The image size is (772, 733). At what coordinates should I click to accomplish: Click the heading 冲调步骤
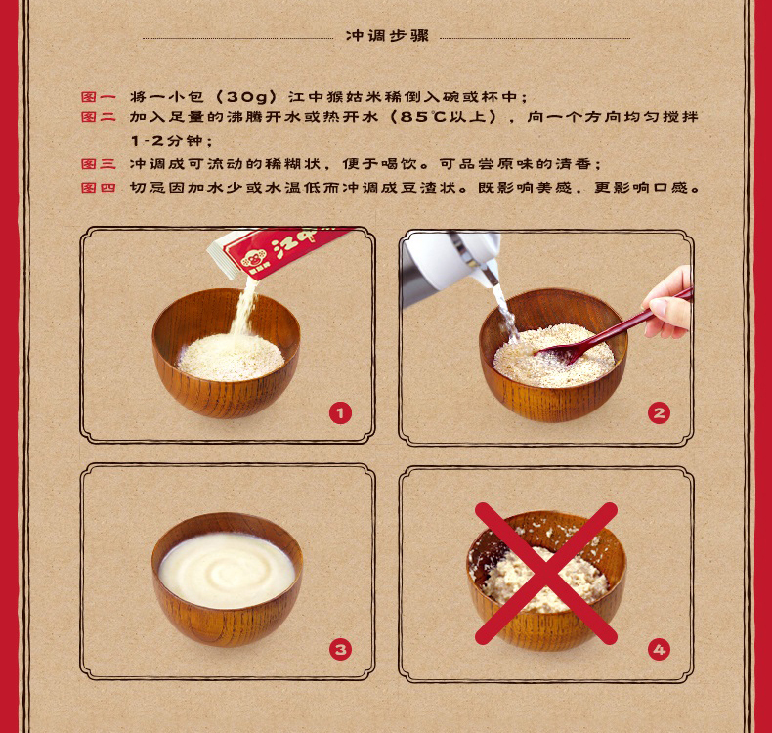point(387,36)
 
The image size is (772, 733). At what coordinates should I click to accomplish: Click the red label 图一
point(99,97)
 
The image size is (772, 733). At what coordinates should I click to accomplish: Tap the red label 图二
point(99,117)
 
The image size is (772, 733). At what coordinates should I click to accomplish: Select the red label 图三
point(99,164)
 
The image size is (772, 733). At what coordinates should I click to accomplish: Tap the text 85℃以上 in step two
point(442,117)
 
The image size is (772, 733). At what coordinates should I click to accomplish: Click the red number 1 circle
point(340,413)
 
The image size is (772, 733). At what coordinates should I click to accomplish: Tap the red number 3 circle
point(340,649)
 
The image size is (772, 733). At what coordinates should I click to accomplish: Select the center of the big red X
point(545,574)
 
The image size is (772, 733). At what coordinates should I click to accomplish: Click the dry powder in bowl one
point(230,358)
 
